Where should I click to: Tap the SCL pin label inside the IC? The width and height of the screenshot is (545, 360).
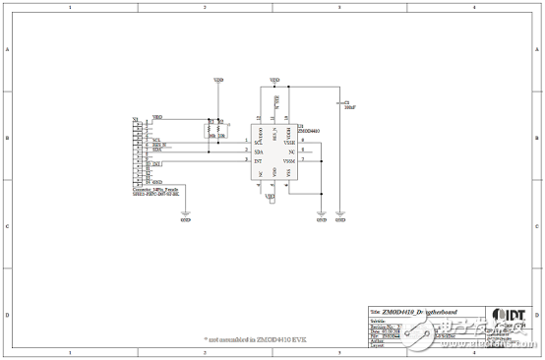[x=258, y=143]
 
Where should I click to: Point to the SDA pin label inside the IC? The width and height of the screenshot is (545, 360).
[x=258, y=151]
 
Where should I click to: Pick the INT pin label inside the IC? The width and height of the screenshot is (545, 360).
[x=258, y=160]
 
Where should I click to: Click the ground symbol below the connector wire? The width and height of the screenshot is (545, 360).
[x=184, y=217]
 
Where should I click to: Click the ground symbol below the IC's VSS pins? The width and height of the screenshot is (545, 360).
[x=321, y=217]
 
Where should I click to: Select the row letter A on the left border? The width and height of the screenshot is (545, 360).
[x=9, y=50]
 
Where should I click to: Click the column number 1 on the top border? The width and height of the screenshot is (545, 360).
[x=70, y=7]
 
